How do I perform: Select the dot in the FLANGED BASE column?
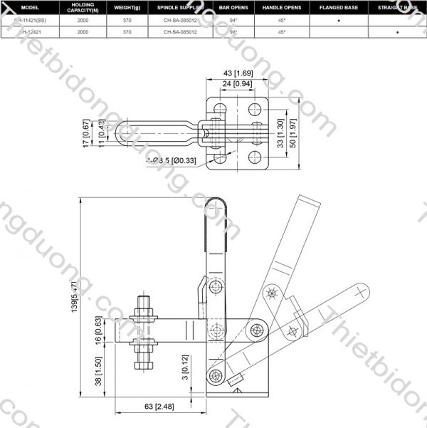tap(339, 21)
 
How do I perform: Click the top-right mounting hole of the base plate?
tap(255, 110)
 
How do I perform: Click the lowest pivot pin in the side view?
tap(211, 376)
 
